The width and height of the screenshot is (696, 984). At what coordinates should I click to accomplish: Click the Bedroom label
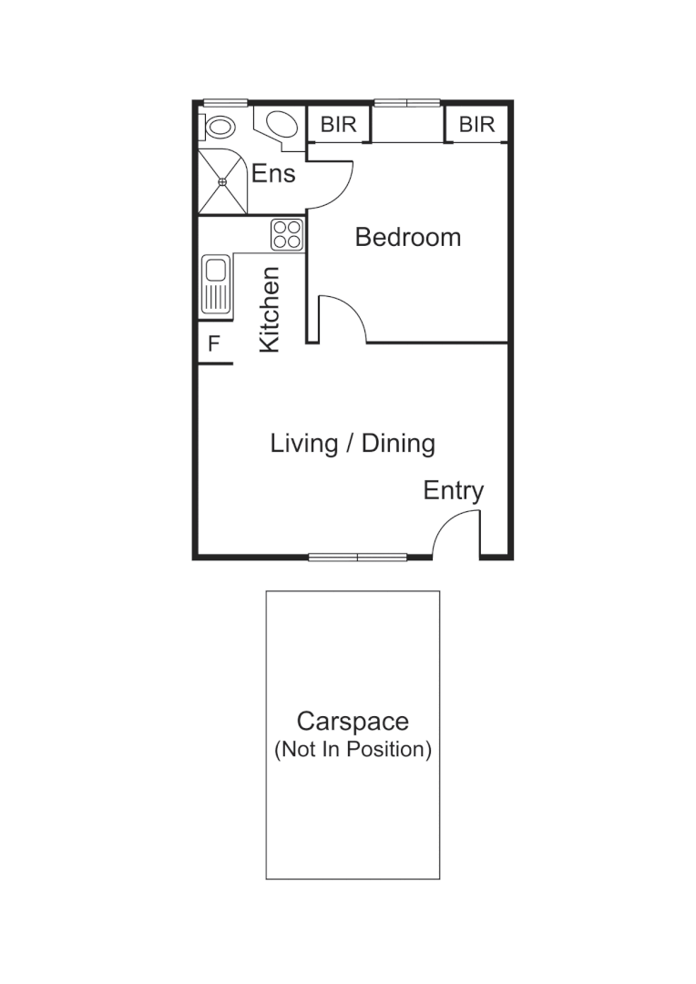click(x=407, y=238)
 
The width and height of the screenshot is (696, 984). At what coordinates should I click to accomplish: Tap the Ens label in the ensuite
click(x=273, y=173)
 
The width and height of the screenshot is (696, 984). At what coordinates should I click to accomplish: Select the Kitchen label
click(x=270, y=310)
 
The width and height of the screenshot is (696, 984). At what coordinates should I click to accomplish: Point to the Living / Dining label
click(x=353, y=444)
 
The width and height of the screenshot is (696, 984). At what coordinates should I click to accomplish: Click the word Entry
click(x=453, y=491)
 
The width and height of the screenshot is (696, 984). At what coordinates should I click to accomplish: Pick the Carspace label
click(x=353, y=722)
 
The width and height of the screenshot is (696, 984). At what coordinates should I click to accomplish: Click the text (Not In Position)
click(x=353, y=750)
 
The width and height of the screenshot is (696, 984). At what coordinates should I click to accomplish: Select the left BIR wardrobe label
click(x=338, y=125)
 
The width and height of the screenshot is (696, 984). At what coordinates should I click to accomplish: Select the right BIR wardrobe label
click(x=476, y=125)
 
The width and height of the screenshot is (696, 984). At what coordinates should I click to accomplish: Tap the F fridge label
click(x=214, y=344)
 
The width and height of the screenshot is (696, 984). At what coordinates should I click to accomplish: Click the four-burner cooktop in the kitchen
click(x=287, y=234)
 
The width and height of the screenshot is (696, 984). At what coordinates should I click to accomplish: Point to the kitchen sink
click(x=216, y=285)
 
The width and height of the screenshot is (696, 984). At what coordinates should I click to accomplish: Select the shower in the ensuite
click(x=222, y=182)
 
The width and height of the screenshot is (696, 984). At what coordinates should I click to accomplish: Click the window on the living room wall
click(x=357, y=557)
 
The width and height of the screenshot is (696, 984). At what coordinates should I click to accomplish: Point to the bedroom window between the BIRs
click(x=407, y=103)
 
